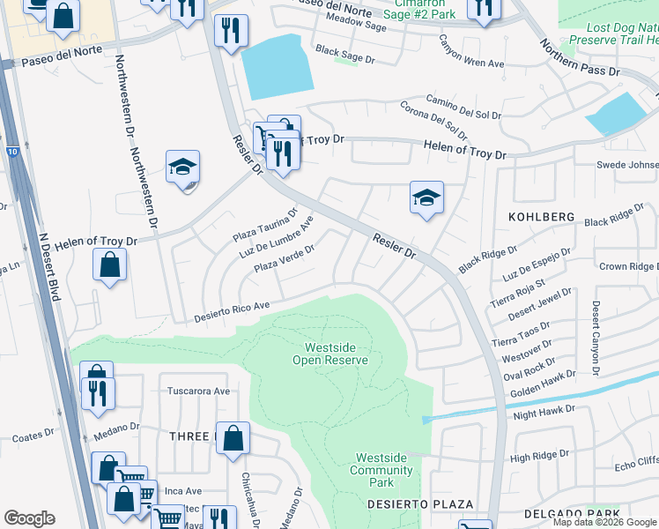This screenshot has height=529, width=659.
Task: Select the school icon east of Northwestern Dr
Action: pyautogui.click(x=182, y=167)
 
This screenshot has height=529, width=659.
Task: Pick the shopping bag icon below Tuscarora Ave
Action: pyautogui.click(x=233, y=438)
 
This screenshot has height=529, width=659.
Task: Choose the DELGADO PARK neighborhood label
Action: pyautogui.click(x=572, y=513)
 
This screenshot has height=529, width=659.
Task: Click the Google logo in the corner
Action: pyautogui.click(x=29, y=518)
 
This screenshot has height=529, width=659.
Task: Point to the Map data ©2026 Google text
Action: pyautogui.click(x=604, y=522)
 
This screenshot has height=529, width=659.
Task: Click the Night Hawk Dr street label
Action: pyautogui.click(x=543, y=409)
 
